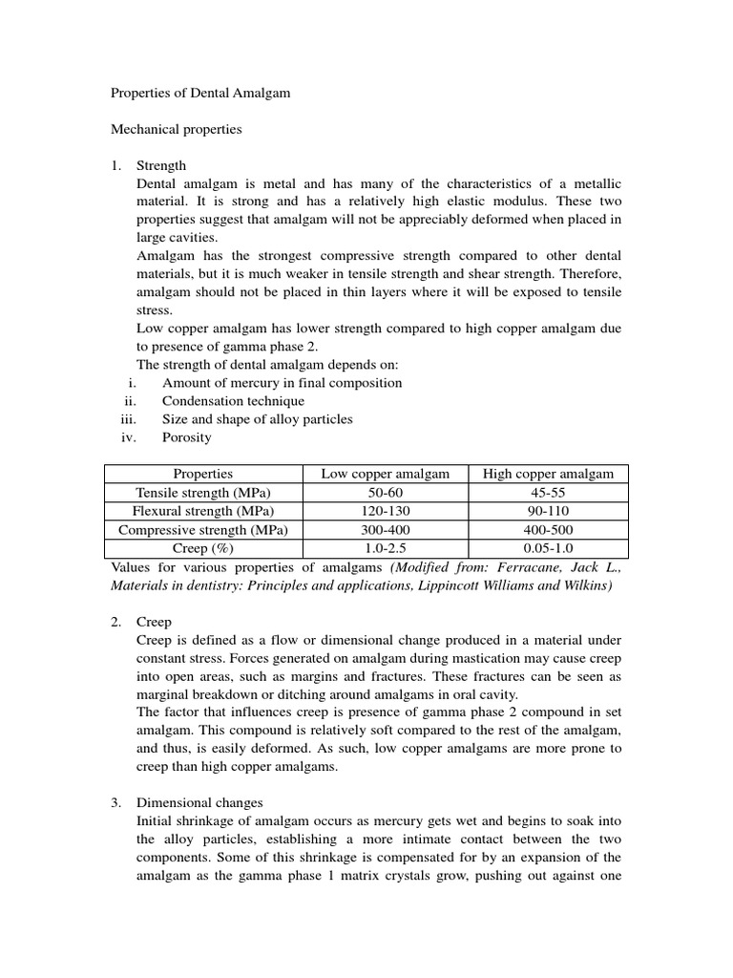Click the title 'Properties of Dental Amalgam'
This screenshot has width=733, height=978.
pos(201,94)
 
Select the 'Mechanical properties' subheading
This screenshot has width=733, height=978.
pos(177,129)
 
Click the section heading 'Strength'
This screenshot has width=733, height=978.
pos(161,165)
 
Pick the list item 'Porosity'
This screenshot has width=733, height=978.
pos(187,437)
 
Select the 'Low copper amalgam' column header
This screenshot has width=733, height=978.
pos(385,474)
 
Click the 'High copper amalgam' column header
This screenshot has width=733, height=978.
pos(548,474)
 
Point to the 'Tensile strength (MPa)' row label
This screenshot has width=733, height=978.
pos(202,492)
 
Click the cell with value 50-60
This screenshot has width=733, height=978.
pos(385,492)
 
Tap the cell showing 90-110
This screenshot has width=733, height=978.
pos(548,511)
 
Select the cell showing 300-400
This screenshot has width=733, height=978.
pos(385,529)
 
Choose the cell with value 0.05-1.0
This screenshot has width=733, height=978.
pos(548,548)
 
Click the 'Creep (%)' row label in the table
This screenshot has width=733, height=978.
pos(202,548)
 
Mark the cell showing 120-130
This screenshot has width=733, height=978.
pos(385,511)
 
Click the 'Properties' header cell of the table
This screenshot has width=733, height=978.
pos(202,474)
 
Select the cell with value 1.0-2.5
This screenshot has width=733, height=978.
pos(385,548)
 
